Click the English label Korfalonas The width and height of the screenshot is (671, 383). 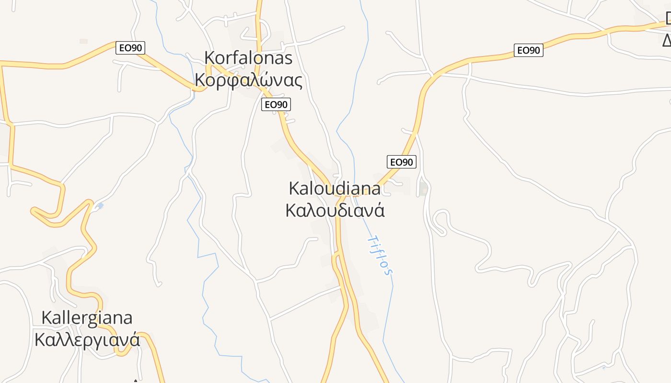(x=248, y=58)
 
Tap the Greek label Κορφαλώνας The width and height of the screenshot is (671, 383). (x=248, y=80)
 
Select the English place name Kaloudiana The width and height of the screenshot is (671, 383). (x=335, y=188)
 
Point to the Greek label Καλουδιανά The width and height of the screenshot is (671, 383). (x=335, y=210)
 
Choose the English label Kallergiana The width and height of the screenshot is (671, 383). (x=87, y=317)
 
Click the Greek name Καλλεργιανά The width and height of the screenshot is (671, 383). (x=87, y=339)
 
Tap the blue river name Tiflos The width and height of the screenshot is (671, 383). (x=380, y=255)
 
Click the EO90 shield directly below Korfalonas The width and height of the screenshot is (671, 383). (x=276, y=104)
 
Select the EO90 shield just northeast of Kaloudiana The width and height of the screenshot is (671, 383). (x=402, y=162)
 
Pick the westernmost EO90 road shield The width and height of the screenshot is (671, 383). (x=130, y=48)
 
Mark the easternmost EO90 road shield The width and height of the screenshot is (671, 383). (x=528, y=50)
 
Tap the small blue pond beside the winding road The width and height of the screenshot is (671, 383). (x=100, y=206)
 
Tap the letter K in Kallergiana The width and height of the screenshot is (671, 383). (x=46, y=317)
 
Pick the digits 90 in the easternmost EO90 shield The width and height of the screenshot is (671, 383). (x=534, y=50)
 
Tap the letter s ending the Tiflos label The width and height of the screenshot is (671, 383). (x=389, y=272)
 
